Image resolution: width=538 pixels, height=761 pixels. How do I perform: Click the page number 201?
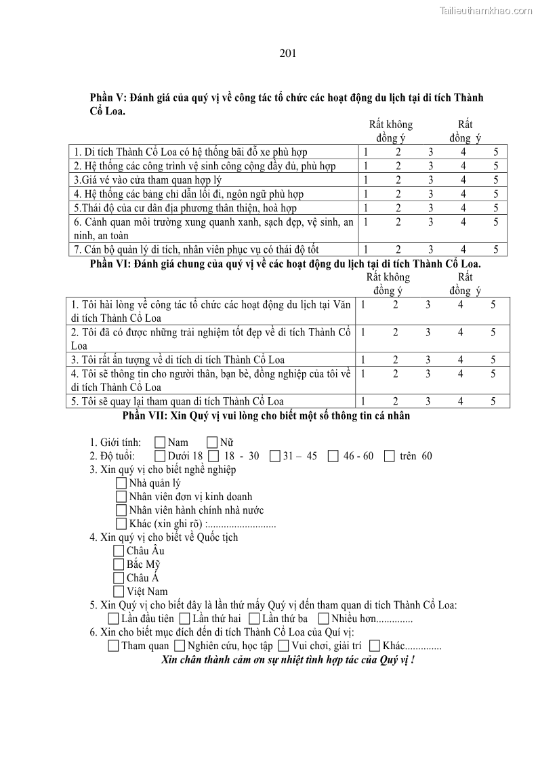[287, 54]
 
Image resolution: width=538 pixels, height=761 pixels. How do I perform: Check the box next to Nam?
[160, 443]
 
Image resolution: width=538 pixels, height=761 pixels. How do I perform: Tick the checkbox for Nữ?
[212, 443]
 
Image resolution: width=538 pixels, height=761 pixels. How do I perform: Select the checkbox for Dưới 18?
[160, 456]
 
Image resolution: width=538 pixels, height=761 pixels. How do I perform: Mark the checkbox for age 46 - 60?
[333, 456]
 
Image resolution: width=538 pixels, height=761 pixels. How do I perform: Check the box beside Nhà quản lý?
[121, 483]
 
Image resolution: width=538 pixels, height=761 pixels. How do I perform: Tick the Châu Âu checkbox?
[119, 551]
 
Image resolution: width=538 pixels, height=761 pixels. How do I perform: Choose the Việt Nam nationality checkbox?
[119, 592]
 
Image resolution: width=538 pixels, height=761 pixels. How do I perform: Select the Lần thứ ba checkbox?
[254, 619]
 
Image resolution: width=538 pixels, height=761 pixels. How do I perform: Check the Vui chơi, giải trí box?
[283, 646]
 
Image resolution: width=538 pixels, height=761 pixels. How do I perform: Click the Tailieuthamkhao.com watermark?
[486, 10]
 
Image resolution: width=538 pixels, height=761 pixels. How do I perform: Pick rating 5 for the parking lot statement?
[496, 152]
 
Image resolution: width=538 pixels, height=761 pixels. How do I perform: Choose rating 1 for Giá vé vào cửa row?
[366, 180]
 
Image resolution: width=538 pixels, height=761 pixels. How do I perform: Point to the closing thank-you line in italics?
[288, 659]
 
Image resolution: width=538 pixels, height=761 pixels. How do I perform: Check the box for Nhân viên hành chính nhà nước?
[121, 510]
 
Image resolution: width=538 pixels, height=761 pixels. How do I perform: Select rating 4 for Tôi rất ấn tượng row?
[461, 360]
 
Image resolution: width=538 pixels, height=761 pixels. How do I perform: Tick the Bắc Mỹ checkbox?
[119, 564]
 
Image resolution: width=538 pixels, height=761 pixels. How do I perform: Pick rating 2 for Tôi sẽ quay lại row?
[396, 401]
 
